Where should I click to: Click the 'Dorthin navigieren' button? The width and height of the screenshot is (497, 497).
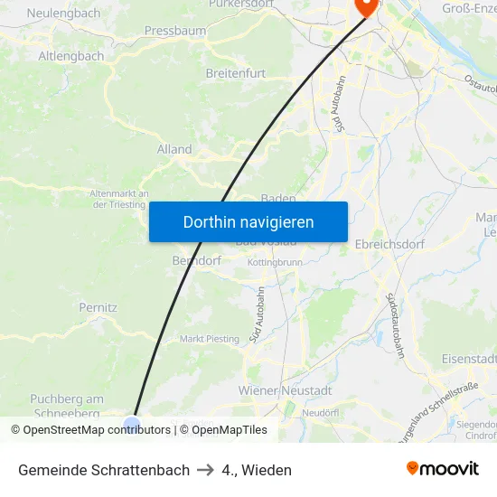tap(248, 221)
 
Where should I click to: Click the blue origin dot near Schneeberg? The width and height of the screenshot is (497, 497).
tap(132, 422)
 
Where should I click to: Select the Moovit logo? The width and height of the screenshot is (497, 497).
tap(443, 469)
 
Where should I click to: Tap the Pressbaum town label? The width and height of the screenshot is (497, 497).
tap(174, 30)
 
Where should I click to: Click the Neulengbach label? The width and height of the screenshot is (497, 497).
tap(63, 14)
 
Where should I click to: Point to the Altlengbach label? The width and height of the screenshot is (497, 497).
tap(70, 56)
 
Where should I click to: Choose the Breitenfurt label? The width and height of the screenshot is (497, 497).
tap(239, 72)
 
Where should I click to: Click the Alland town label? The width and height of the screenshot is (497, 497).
tap(174, 149)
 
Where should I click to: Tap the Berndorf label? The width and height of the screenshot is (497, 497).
tap(196, 260)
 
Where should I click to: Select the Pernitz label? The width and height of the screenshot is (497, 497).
tap(98, 307)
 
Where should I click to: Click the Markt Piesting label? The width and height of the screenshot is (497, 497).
tap(210, 339)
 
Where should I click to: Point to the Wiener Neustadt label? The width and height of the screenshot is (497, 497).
tap(285, 390)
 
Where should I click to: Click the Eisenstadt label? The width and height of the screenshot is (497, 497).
tap(469, 359)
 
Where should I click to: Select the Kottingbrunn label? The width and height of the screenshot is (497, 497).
tap(275, 262)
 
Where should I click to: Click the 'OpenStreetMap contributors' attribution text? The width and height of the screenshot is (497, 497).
tap(97, 430)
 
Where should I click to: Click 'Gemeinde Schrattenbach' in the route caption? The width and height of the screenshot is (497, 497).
tap(104, 470)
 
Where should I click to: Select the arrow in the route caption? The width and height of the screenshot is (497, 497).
tap(205, 470)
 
